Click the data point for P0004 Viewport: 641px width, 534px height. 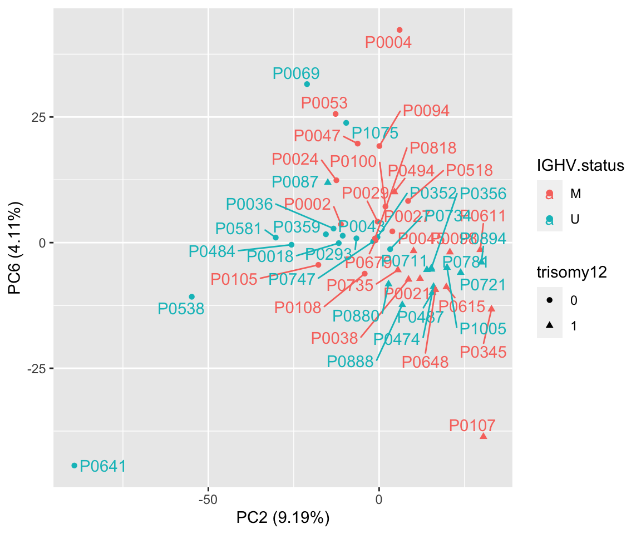(x=399, y=30)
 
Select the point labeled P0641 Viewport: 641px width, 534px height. (x=74, y=466)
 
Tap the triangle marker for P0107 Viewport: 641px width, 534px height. (x=483, y=436)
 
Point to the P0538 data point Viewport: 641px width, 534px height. (x=191, y=296)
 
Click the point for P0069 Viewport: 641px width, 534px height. (x=307, y=85)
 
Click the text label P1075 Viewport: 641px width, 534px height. (x=375, y=133)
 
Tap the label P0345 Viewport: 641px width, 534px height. (x=483, y=352)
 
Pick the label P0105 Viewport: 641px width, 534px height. (x=234, y=279)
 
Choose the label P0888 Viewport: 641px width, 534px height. (x=350, y=362)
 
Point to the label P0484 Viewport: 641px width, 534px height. (x=211, y=251)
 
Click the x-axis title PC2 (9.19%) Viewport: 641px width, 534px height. (x=283, y=518)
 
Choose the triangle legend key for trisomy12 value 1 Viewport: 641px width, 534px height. (x=550, y=326)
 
